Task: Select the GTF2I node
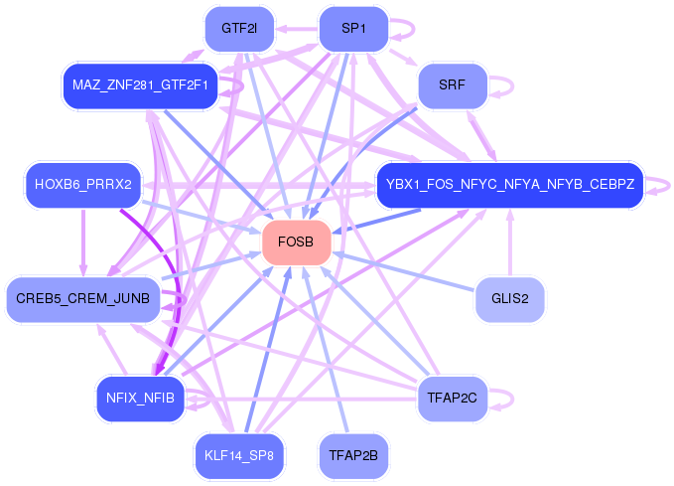pyautogui.click(x=239, y=29)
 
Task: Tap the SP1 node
pyautogui.click(x=352, y=29)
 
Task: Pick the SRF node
pyautogui.click(x=452, y=86)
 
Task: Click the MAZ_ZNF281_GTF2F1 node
pyautogui.click(x=140, y=86)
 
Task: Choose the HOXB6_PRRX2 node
pyautogui.click(x=83, y=184)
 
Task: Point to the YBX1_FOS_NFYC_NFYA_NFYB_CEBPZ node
pyautogui.click(x=509, y=184)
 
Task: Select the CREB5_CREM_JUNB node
pyautogui.click(x=83, y=299)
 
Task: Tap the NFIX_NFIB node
pyautogui.click(x=140, y=399)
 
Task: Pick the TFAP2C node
pyautogui.click(x=452, y=399)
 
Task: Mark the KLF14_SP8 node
pyautogui.click(x=239, y=456)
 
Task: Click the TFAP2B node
pyautogui.click(x=352, y=456)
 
